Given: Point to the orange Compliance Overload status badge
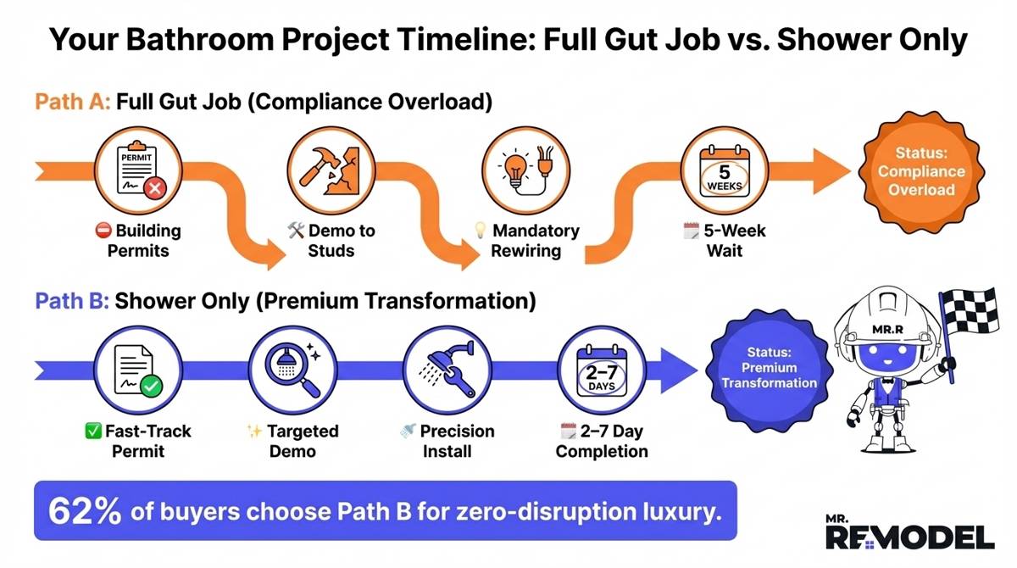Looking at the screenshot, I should (x=920, y=172).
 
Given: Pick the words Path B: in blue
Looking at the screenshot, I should (x=71, y=302).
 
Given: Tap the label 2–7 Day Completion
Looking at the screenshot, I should (x=602, y=441).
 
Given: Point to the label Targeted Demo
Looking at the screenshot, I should (x=292, y=441).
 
